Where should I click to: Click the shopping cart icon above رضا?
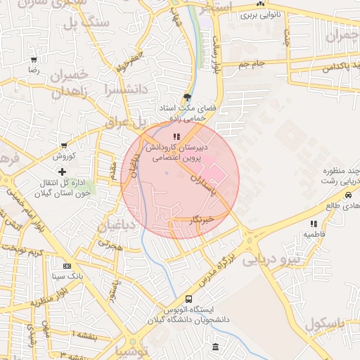point(33,60)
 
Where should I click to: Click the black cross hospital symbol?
point(62,172)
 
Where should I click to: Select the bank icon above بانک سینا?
point(67,266)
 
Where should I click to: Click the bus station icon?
point(188,299)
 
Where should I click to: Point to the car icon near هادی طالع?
point(348,195)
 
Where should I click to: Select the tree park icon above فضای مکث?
point(187,97)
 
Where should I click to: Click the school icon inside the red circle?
point(176,137)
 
